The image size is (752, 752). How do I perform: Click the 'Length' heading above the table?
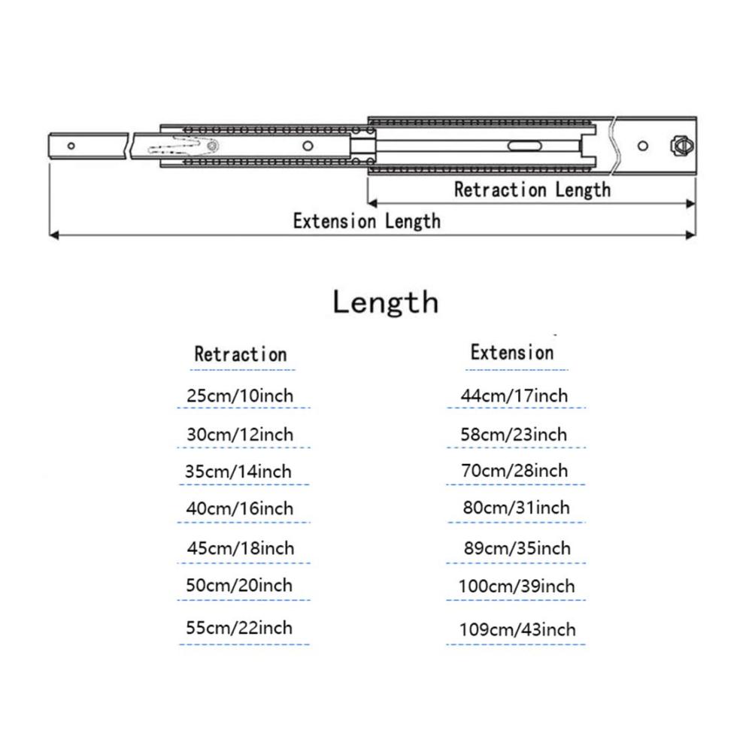386,302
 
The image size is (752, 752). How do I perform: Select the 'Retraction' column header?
241,354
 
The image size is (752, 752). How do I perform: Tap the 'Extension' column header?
512,353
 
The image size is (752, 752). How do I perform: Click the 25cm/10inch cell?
240,396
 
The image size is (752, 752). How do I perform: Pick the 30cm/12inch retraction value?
240,435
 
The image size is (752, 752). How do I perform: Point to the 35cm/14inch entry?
238,472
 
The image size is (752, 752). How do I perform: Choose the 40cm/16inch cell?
240,508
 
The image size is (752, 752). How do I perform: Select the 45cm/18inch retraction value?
241,548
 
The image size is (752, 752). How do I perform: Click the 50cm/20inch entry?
239,585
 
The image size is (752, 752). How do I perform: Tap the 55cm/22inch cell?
239,628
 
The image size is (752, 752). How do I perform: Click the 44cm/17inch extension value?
514,396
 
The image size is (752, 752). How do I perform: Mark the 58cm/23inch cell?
514,435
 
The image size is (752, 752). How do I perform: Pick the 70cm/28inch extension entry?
514,471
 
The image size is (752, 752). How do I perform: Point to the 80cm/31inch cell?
517,508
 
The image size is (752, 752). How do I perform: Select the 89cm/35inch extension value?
517,548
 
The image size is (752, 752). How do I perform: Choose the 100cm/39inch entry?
517,586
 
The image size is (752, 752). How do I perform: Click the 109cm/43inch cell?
517,629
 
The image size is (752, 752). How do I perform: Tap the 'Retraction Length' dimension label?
532,190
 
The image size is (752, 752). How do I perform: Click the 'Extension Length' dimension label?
367,222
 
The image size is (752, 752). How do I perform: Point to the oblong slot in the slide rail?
525,146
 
